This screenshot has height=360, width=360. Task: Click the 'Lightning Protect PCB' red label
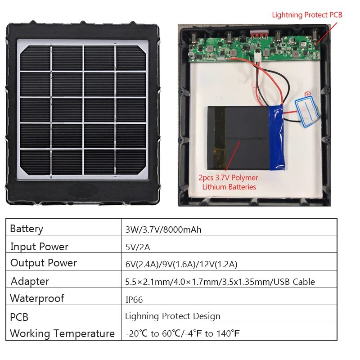coord(307,15)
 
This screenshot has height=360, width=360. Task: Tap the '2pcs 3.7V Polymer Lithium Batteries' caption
coord(229,182)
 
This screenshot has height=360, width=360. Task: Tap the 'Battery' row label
coord(27,229)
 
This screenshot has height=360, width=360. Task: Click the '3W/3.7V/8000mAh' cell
coord(163,229)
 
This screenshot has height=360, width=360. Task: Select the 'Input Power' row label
coord(39,247)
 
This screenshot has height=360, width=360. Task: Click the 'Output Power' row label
coord(44,263)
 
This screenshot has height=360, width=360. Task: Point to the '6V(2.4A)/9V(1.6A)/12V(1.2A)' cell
coord(181,264)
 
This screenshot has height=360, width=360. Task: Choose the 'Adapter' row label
coord(30,282)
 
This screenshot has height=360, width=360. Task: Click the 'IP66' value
coord(134,299)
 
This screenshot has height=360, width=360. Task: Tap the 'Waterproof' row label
coord(37,299)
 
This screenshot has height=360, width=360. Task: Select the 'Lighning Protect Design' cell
coord(173,316)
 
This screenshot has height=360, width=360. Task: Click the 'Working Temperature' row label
coord(62,334)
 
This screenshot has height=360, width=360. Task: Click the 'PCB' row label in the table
coord(19,317)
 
